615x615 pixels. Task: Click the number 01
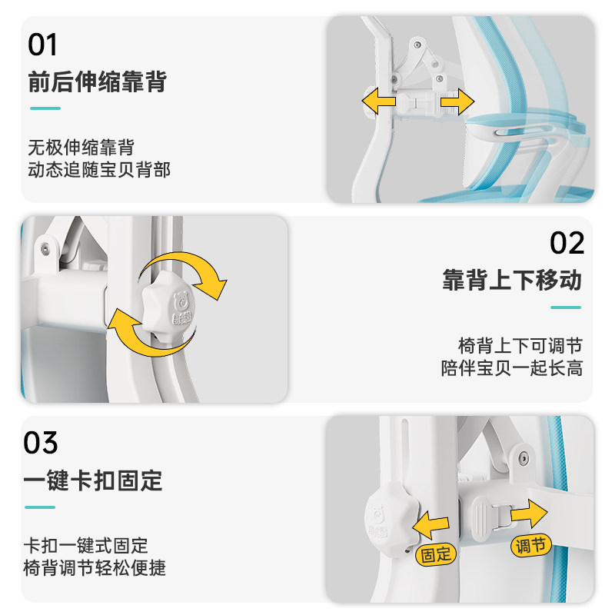(x=42, y=45)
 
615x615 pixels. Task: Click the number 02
(x=567, y=243)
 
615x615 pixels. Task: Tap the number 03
(x=41, y=443)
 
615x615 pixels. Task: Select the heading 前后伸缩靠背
(x=98, y=81)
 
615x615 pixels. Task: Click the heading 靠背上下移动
(x=512, y=280)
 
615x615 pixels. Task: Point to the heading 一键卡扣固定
(x=93, y=480)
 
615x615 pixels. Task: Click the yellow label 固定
(x=436, y=554)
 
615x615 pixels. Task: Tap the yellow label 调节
(x=530, y=546)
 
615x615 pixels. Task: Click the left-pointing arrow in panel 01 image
(x=378, y=101)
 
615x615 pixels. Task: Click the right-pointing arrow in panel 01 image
(x=457, y=102)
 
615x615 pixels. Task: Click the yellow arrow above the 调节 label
(x=529, y=513)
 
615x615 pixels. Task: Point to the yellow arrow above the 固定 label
(x=430, y=525)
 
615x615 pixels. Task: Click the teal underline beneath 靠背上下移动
(x=566, y=307)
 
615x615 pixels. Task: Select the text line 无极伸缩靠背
(x=81, y=148)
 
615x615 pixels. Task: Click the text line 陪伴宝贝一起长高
(x=512, y=368)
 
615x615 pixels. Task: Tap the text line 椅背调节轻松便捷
(x=95, y=567)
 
